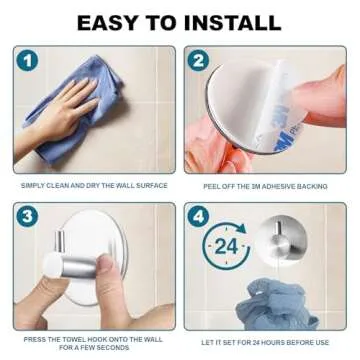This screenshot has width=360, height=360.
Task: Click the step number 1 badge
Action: point(27,61)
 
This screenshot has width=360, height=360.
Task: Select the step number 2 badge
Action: point(198,61)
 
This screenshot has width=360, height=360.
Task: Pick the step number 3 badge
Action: point(27,217)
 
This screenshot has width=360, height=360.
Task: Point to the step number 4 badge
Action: point(198,217)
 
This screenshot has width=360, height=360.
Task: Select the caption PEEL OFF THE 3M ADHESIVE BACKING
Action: point(265,185)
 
